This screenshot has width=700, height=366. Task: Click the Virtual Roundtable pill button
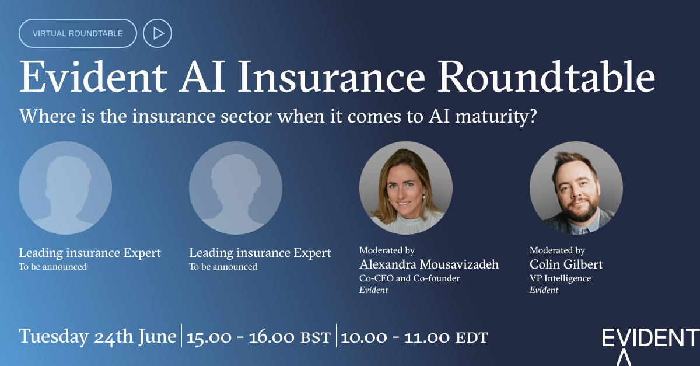click(x=78, y=33)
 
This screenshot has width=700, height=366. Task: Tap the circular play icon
click(x=157, y=33)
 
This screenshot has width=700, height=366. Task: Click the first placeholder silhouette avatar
click(x=65, y=188)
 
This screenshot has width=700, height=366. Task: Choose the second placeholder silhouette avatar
click(x=236, y=188)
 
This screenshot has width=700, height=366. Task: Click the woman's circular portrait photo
click(x=406, y=188)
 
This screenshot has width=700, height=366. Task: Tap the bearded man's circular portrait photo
click(x=576, y=188)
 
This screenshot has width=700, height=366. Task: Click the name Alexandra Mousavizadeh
click(x=429, y=264)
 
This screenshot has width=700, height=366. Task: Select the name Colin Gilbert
click(x=566, y=264)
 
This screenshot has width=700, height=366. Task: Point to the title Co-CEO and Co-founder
click(x=409, y=278)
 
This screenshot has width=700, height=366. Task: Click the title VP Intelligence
click(x=560, y=278)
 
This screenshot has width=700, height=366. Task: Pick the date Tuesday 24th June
click(x=97, y=337)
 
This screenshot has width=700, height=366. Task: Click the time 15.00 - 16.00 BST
click(x=258, y=337)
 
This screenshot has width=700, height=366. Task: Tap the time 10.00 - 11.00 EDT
click(x=414, y=337)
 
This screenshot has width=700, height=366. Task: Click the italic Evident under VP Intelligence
click(x=544, y=290)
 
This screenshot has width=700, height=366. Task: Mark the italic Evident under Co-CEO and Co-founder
click(x=373, y=290)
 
